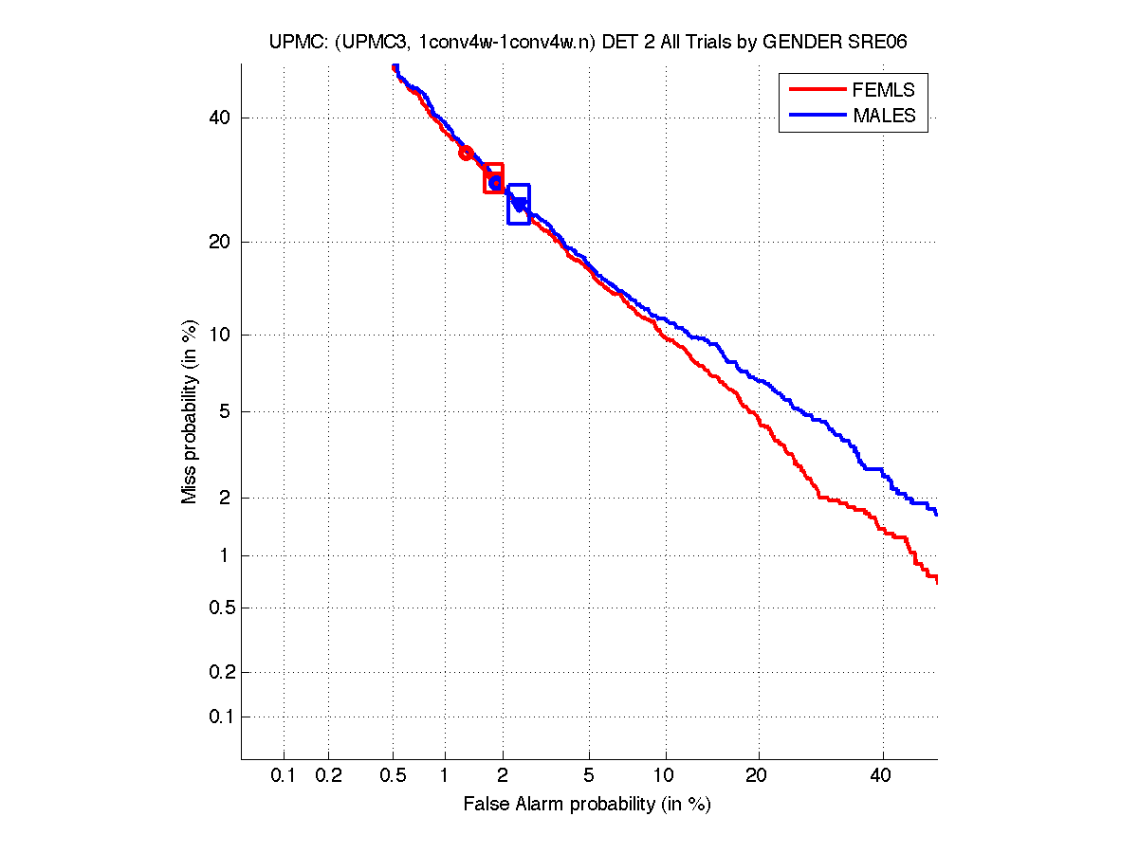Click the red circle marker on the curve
[x=466, y=153]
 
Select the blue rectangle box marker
[x=519, y=204]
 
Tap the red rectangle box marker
[x=493, y=178]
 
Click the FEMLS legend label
[x=884, y=90]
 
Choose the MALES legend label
[x=884, y=116]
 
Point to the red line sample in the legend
[x=817, y=90]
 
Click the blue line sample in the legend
[x=817, y=116]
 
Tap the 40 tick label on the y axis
[x=220, y=118]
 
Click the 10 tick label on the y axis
[x=220, y=335]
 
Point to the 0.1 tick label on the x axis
[x=284, y=776]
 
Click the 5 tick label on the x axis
[x=589, y=776]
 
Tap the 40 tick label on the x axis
[x=882, y=776]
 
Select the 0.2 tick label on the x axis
[x=328, y=776]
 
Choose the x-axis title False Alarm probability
[x=587, y=805]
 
